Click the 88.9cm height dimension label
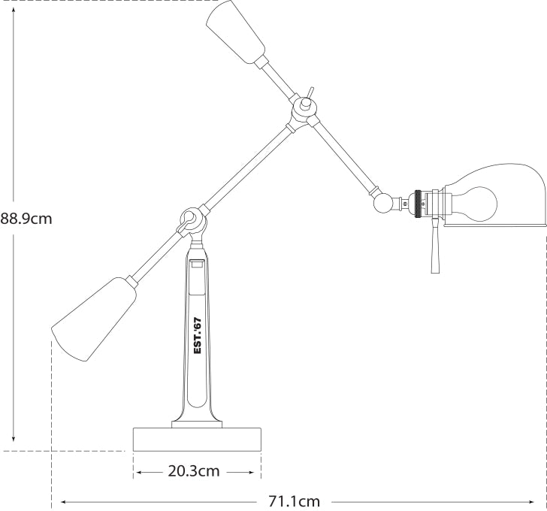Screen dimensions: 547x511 tap(26, 219)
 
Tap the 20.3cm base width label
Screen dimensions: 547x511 tap(194, 471)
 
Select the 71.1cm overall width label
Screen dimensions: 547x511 tap(294, 501)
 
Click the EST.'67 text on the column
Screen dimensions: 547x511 tap(198, 336)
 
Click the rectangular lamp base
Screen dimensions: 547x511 tap(197, 439)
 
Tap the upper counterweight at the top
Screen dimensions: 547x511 tap(235, 32)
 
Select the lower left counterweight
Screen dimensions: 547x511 tap(94, 319)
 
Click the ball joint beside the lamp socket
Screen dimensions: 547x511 tap(383, 203)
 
